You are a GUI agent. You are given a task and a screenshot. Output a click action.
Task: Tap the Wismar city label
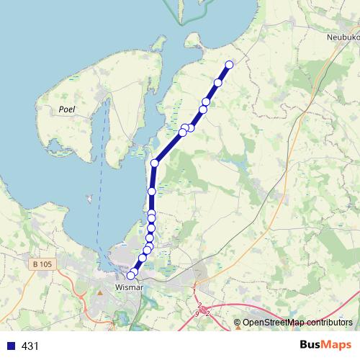pos(130,289)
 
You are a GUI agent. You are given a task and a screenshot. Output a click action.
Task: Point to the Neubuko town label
pos(342,37)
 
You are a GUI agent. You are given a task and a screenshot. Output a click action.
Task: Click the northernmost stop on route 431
pos(230,65)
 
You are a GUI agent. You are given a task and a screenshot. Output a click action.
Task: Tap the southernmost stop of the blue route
pos(131,275)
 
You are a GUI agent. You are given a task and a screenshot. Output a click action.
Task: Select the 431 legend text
pos(30,346)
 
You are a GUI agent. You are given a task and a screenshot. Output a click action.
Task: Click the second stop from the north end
pos(218,83)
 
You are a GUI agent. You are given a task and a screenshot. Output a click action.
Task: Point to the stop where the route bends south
pos(154,163)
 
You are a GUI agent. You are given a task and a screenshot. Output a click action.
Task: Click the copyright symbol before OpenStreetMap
pos(237,323)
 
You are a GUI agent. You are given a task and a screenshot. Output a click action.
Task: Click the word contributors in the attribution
pos(327,323)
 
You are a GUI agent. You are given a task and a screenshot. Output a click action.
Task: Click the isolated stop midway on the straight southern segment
pos(152,191)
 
